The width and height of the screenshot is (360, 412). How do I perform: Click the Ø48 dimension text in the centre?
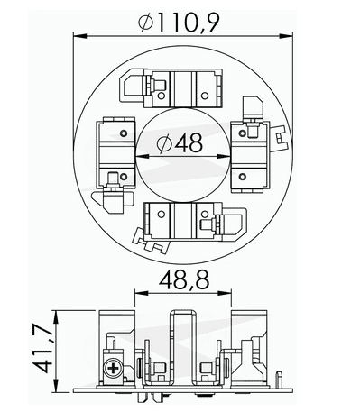coord(180,142)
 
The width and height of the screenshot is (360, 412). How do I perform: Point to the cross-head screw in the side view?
coord(115,369)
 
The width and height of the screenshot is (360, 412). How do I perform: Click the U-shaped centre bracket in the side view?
coord(180,338)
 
